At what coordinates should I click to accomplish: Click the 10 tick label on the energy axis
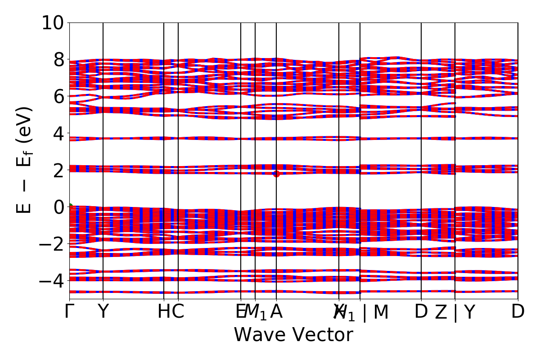[53, 23]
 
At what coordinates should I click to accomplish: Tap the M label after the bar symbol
[381, 312]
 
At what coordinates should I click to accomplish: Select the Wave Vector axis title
[293, 335]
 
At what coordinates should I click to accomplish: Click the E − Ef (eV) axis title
[25, 160]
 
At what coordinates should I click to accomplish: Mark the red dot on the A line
[276, 174]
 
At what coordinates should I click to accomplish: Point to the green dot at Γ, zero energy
[70, 207]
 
